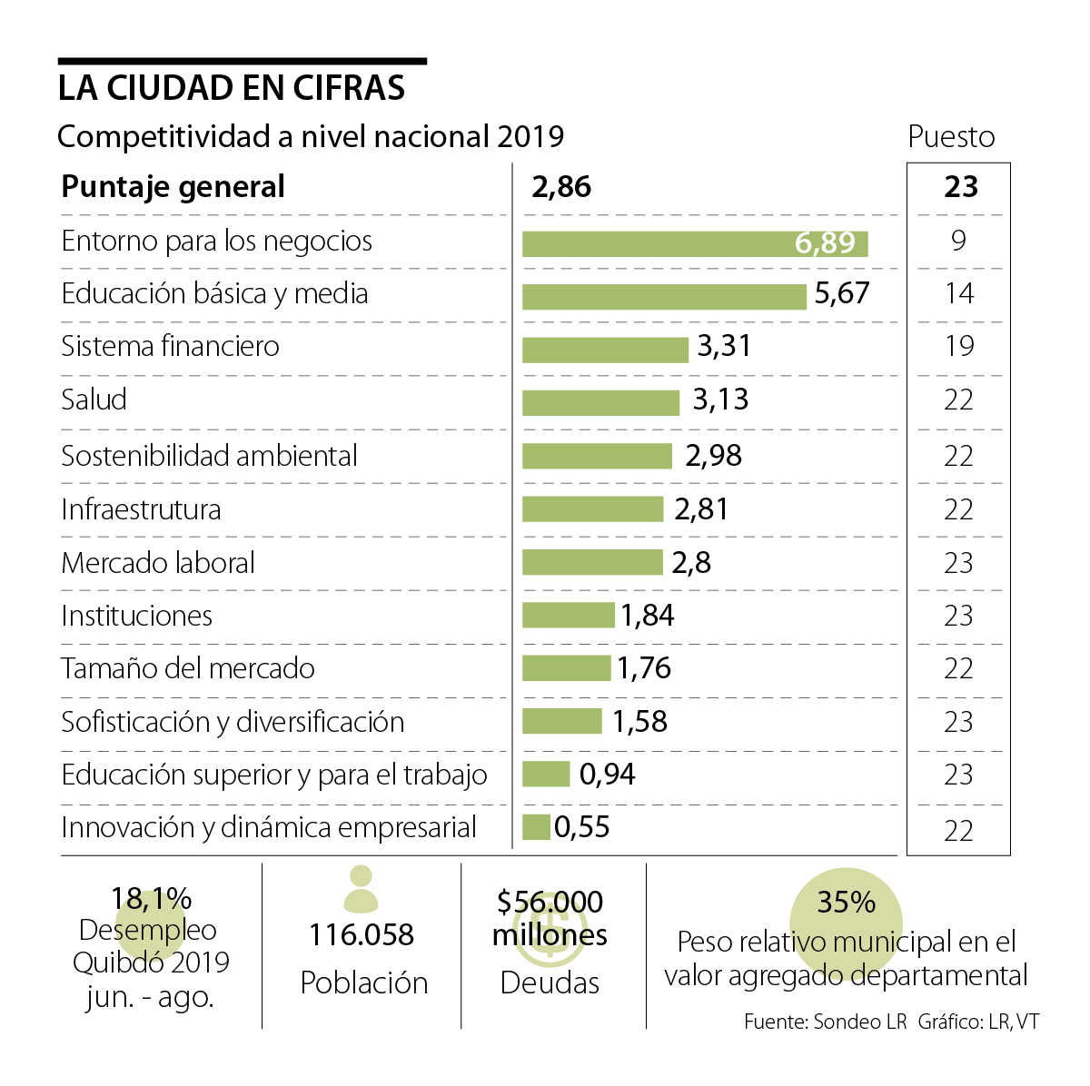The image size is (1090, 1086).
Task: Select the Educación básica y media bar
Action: (x=664, y=296)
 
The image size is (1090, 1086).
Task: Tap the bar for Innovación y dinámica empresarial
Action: (x=536, y=827)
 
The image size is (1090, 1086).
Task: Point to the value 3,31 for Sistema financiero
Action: (x=724, y=346)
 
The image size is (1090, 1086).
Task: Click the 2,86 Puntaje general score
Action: (x=561, y=187)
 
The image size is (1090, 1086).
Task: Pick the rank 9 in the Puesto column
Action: (x=958, y=241)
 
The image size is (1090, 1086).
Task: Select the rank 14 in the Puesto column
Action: (x=958, y=293)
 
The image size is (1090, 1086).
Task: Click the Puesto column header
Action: (x=951, y=137)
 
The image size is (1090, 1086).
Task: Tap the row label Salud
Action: (x=94, y=400)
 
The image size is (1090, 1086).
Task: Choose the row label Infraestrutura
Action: (x=141, y=509)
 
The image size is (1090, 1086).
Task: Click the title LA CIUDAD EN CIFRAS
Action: (x=232, y=88)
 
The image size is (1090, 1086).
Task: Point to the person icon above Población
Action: (x=362, y=889)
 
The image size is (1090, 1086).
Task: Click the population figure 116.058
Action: (x=362, y=935)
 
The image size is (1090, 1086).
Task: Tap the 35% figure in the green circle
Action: (x=846, y=903)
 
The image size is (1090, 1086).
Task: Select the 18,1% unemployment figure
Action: (x=151, y=899)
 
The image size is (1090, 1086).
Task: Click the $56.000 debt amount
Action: (x=550, y=903)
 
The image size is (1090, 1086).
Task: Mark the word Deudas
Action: (x=550, y=982)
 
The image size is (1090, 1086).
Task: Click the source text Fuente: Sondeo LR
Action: (x=825, y=1022)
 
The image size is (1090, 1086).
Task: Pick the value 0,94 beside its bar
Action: (x=607, y=775)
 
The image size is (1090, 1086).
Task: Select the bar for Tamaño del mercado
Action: (x=566, y=668)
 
